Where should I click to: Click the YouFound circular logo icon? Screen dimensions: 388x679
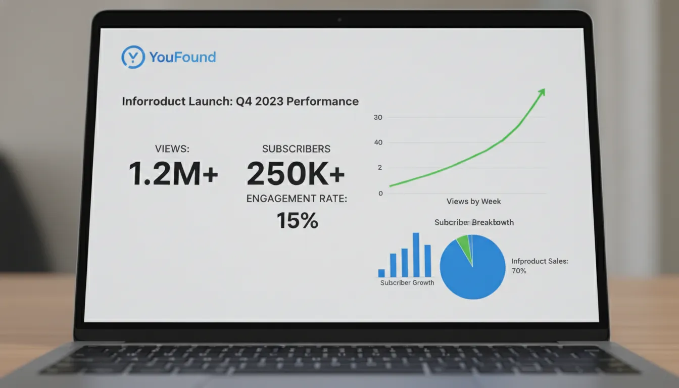[133, 57]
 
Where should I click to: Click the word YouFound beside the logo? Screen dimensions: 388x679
[182, 57]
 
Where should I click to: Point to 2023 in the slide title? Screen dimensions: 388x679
[269, 101]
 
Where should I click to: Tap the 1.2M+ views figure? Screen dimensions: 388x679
[173, 173]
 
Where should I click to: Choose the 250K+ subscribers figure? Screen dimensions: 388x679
[296, 174]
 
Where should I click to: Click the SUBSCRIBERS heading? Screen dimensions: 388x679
[296, 149]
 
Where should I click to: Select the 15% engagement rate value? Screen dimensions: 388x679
[297, 220]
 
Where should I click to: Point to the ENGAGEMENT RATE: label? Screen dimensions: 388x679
[297, 199]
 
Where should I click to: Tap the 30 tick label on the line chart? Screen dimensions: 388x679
[378, 118]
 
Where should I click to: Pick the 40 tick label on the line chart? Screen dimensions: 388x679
[378, 143]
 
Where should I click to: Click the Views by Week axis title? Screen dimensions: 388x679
[473, 201]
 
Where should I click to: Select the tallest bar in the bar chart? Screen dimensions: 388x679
[416, 255]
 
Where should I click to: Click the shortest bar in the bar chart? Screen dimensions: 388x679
[381, 273]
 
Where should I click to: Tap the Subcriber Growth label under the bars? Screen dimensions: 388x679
[407, 283]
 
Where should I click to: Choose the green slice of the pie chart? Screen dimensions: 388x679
[463, 244]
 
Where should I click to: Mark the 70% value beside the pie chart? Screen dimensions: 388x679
[519, 271]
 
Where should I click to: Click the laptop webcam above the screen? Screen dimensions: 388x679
[339, 20]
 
